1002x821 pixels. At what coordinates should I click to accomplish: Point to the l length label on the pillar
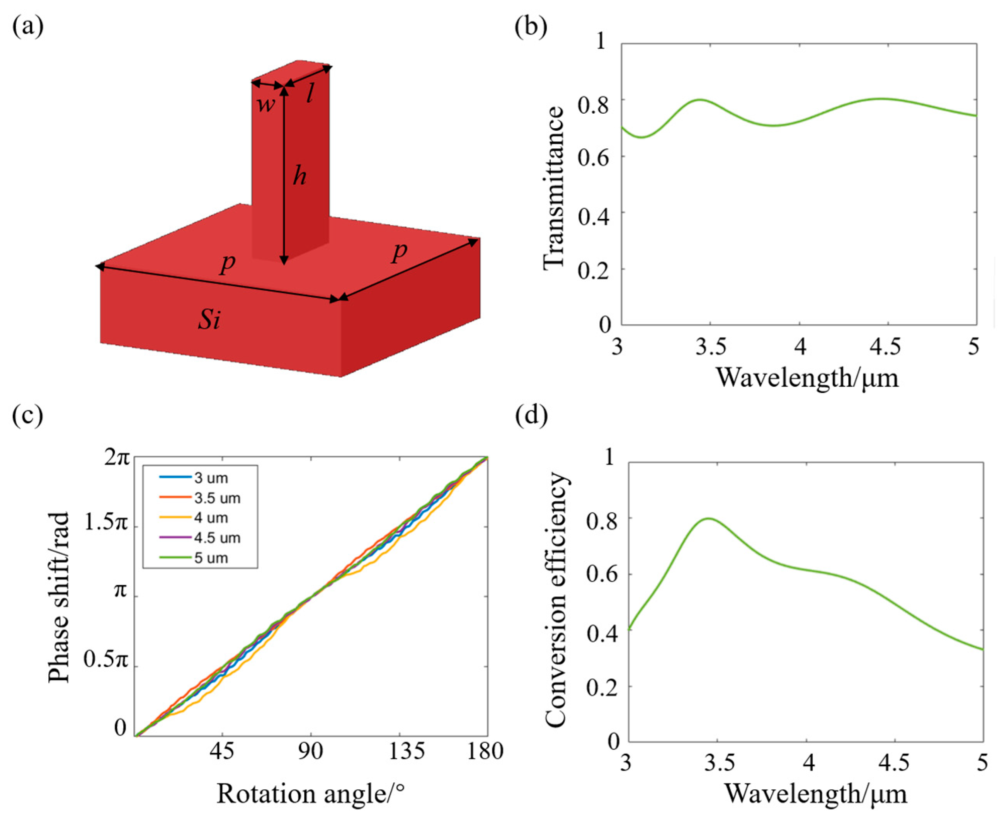point(310,94)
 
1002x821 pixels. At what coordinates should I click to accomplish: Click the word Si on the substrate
point(209,321)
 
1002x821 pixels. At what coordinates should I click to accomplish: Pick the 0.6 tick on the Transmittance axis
point(591,156)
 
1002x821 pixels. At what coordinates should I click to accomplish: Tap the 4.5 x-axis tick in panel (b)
point(888,347)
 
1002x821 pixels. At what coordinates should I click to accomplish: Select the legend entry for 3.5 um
point(216,498)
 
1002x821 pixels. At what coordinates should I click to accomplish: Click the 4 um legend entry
point(211,518)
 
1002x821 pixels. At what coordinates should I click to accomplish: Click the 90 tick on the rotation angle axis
point(311,751)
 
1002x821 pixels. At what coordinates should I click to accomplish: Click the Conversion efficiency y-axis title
point(556,601)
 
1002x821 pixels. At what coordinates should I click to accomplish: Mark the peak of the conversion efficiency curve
point(708,518)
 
